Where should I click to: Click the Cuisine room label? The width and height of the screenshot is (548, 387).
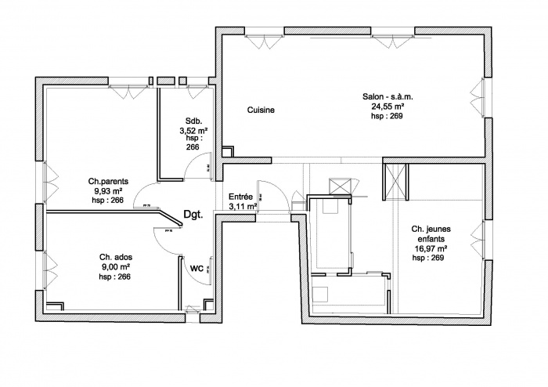[261, 110]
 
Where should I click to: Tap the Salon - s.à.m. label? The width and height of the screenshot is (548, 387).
[388, 97]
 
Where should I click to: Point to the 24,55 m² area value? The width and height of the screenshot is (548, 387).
[388, 107]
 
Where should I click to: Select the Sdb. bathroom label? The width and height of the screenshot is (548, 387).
[192, 121]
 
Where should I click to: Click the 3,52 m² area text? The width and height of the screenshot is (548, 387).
[193, 129]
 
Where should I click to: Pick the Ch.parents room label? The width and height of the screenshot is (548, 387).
[108, 181]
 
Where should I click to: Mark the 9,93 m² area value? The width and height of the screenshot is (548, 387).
[108, 190]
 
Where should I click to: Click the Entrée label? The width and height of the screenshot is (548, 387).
[240, 197]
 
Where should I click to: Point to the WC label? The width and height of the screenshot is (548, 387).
[197, 267]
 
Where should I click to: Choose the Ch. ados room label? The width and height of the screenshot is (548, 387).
[114, 258]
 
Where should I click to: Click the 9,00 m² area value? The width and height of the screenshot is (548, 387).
[114, 267]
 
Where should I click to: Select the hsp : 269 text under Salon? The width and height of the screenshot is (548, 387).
[388, 116]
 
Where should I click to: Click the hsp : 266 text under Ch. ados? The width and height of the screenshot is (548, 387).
[114, 277]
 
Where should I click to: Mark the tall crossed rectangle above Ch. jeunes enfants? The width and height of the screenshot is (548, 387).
[394, 181]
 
